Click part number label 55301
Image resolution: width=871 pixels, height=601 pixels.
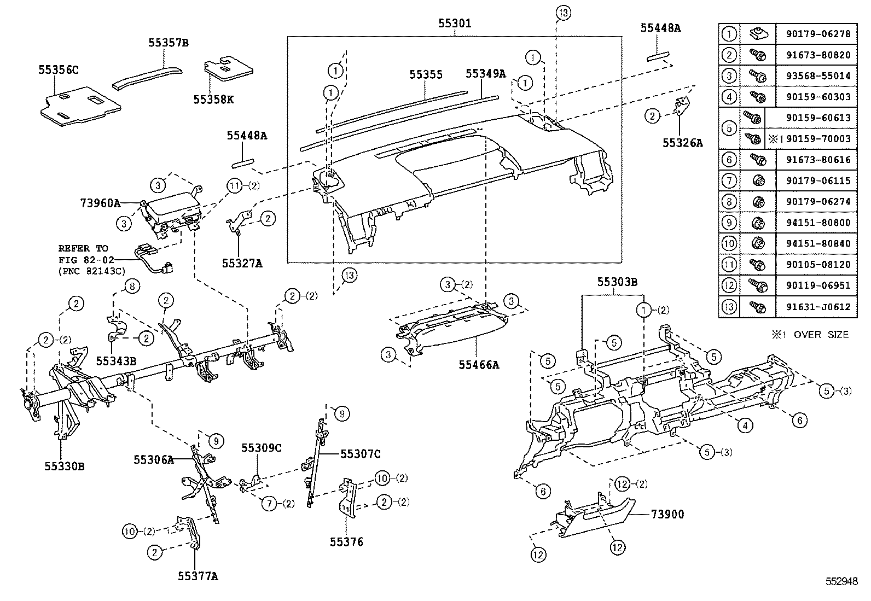(454, 24)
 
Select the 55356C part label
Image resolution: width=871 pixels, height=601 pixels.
(59, 70)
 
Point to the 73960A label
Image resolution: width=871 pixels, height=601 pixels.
(100, 203)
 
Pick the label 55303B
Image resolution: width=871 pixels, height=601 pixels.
(617, 282)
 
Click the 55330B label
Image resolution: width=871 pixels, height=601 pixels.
(65, 466)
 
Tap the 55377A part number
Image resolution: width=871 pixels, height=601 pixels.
(198, 576)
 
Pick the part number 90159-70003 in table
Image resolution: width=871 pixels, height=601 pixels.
(819, 139)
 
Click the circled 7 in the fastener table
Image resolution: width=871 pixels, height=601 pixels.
(729, 181)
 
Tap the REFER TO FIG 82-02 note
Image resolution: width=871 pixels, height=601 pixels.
(92, 260)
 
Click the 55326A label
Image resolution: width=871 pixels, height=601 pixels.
(682, 143)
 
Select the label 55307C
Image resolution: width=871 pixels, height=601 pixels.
(360, 454)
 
